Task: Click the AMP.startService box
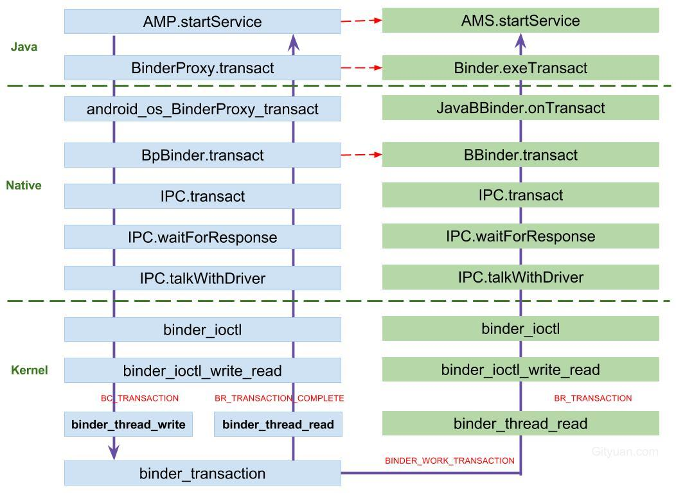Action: tap(202, 22)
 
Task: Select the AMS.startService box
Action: tap(520, 21)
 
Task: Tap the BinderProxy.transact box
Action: tap(202, 67)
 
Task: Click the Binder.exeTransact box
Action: tap(520, 67)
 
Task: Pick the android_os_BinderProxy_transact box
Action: tap(202, 109)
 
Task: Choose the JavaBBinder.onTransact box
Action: tap(520, 108)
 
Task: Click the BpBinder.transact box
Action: tap(202, 155)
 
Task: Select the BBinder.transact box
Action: tap(520, 155)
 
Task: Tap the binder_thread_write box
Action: tap(129, 425)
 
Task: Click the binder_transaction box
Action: tap(202, 473)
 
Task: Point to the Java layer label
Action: tap(24, 47)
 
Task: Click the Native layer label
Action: tap(24, 186)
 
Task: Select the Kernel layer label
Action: tap(30, 370)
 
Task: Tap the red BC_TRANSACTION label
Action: tap(139, 398)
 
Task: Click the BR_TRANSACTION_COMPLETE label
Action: tap(280, 398)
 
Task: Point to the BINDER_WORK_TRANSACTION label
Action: tap(450, 460)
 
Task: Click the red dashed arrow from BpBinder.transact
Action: tap(361, 154)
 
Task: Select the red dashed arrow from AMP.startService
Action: tap(361, 21)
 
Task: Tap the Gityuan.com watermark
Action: tap(625, 451)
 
